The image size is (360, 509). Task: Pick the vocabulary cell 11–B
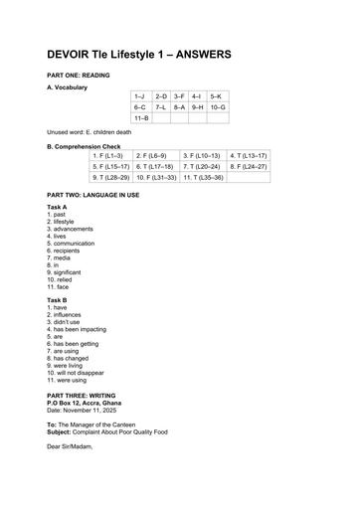141,117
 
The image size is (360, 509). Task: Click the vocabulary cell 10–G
217,106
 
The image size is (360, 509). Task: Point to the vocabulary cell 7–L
161,106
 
